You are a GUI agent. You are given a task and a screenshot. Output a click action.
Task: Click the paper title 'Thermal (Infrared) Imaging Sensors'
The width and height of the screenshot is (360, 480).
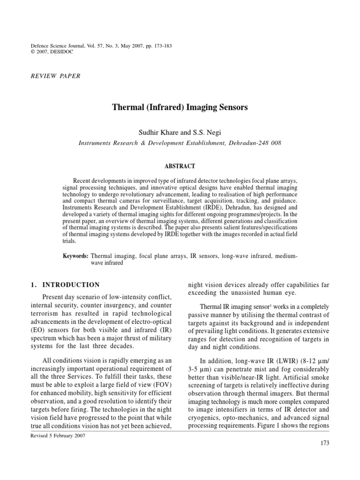[x=180, y=107]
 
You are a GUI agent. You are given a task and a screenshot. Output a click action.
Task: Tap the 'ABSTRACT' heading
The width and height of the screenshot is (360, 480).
[x=180, y=166]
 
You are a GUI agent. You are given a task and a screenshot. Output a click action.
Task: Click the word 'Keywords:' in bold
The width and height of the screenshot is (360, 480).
[x=75, y=256]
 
